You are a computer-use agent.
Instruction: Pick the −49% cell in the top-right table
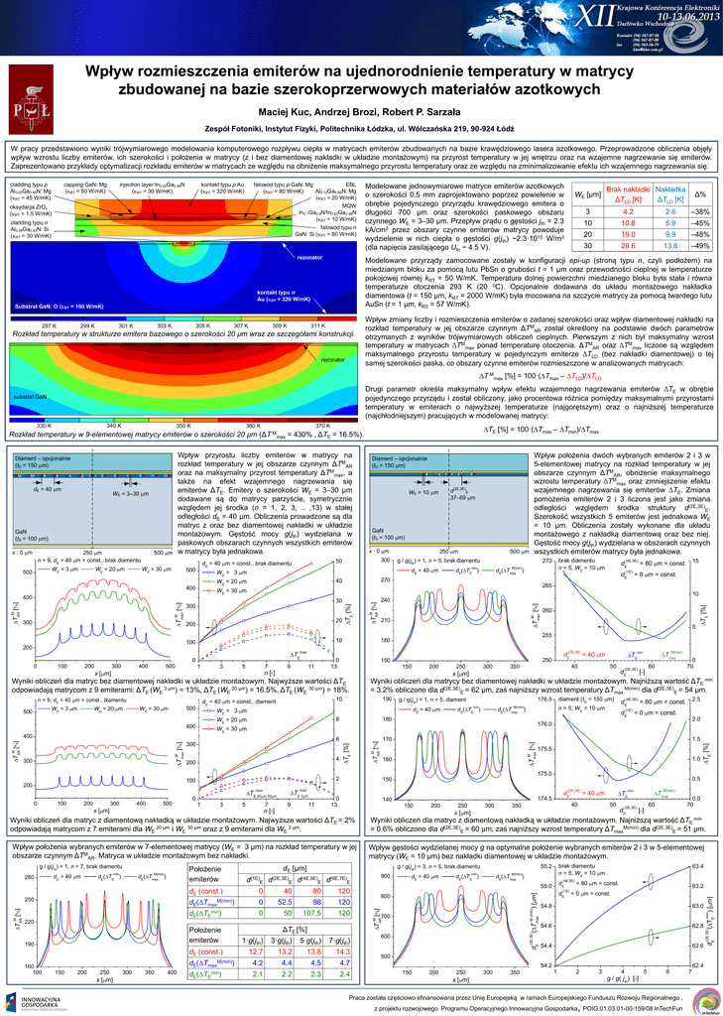click(x=700, y=244)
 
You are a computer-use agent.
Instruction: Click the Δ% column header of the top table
click(x=700, y=194)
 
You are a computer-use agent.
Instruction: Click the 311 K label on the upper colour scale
click(x=317, y=325)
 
